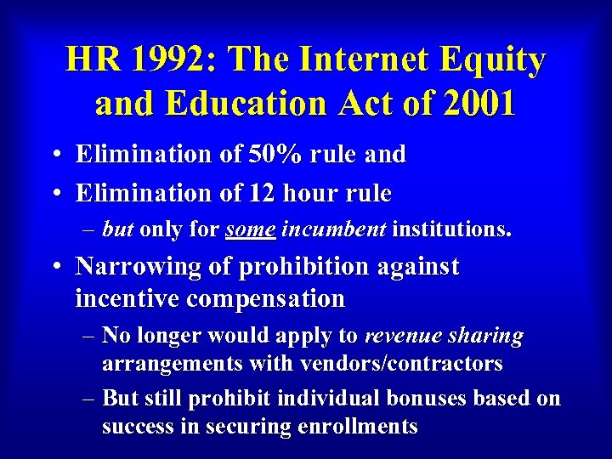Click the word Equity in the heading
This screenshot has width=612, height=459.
(497, 60)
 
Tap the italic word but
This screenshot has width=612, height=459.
(118, 229)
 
